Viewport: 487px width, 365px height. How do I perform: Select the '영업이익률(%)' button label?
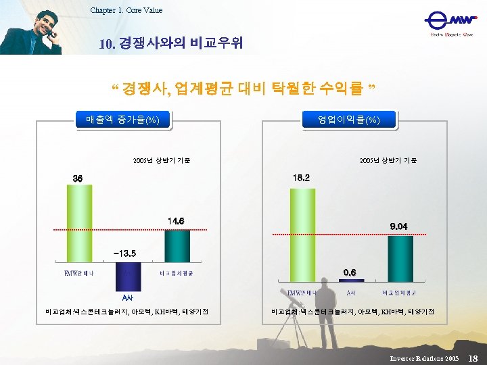(x=349, y=120)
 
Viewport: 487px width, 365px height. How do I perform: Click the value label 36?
(x=78, y=178)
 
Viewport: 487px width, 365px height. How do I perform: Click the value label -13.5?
(x=126, y=253)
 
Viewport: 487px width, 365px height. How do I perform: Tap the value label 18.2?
(x=302, y=178)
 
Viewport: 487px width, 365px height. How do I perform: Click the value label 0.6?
(x=350, y=271)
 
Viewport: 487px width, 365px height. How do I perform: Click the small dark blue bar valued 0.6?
(x=351, y=280)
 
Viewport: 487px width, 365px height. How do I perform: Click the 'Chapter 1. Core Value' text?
(x=126, y=10)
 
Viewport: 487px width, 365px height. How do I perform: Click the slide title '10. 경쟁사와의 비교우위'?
(x=170, y=44)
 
